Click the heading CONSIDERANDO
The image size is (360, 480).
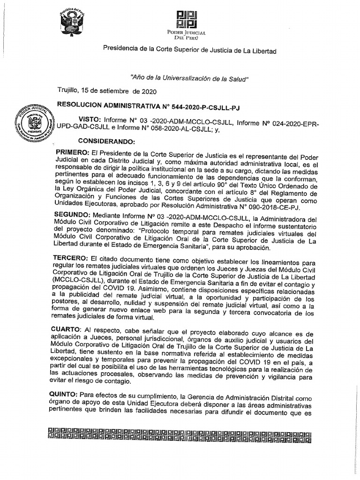tap(106, 141)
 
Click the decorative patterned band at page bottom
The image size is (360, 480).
tap(180, 434)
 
